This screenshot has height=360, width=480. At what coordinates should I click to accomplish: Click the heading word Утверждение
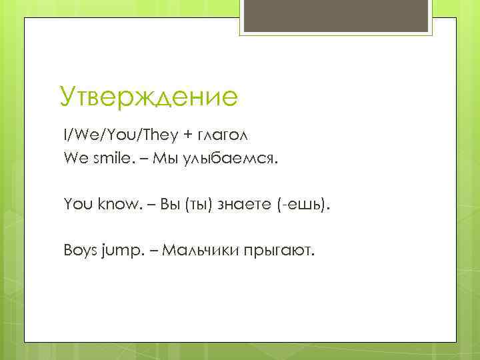(x=148, y=96)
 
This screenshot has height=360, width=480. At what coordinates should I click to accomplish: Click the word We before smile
(x=74, y=159)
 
